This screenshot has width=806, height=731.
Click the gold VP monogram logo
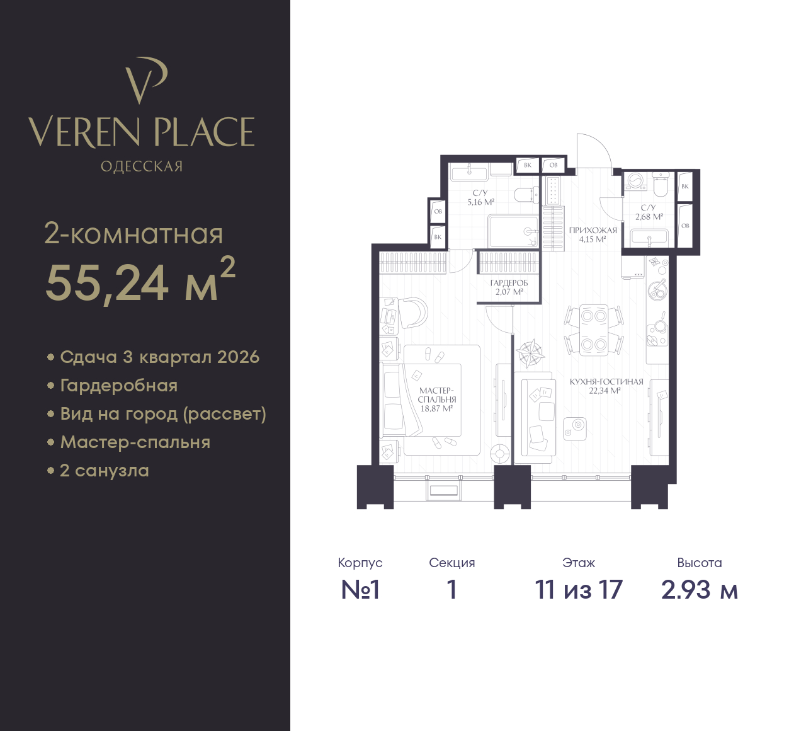click(x=145, y=79)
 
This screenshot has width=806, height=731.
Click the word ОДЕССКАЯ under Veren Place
click(x=142, y=166)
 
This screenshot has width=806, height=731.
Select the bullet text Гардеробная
click(x=119, y=386)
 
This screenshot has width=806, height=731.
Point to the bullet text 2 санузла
click(x=105, y=471)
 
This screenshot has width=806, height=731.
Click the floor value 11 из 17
click(x=579, y=590)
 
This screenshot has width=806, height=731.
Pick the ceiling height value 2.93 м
click(x=700, y=590)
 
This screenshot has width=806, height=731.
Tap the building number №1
click(x=360, y=590)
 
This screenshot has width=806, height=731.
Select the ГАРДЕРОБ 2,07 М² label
click(x=509, y=287)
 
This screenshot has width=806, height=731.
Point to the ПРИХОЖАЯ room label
click(x=593, y=231)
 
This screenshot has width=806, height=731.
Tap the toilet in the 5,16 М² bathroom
click(x=526, y=195)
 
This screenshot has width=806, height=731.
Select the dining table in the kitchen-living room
click(x=594, y=330)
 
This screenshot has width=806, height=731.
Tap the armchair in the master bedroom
click(x=412, y=313)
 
